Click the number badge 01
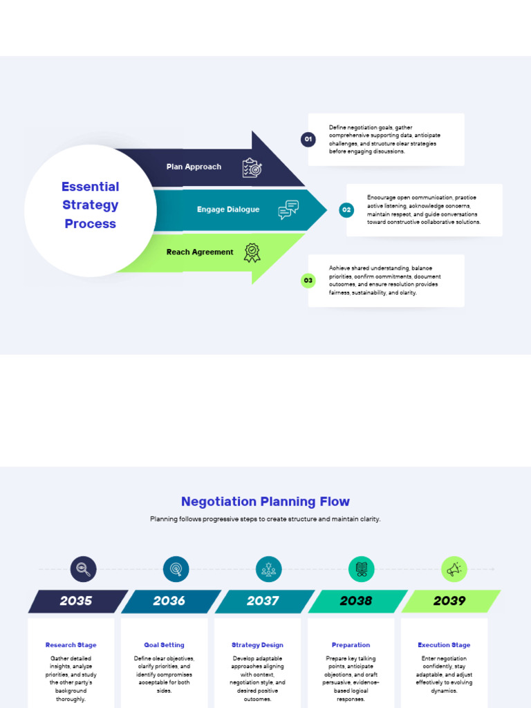pos(308,140)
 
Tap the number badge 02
pos(346,209)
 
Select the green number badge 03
pos(308,281)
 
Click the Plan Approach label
pos(194,167)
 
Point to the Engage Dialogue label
pos(228,209)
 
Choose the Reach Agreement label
pos(200,252)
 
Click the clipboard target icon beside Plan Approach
pos(252,168)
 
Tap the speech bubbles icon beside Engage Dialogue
pos(288,209)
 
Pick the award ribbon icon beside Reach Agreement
pos(252,252)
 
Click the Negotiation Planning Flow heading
pos(265,501)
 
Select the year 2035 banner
pos(76,601)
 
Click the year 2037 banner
pos(263,601)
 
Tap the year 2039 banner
pos(449,601)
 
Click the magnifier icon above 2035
pos(83,569)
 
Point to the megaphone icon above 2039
pos(454,569)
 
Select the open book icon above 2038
pos(361,569)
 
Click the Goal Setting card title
pos(164,645)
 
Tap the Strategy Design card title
pos(257,645)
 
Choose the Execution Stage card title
pos(444,645)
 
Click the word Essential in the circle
pos(90,187)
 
